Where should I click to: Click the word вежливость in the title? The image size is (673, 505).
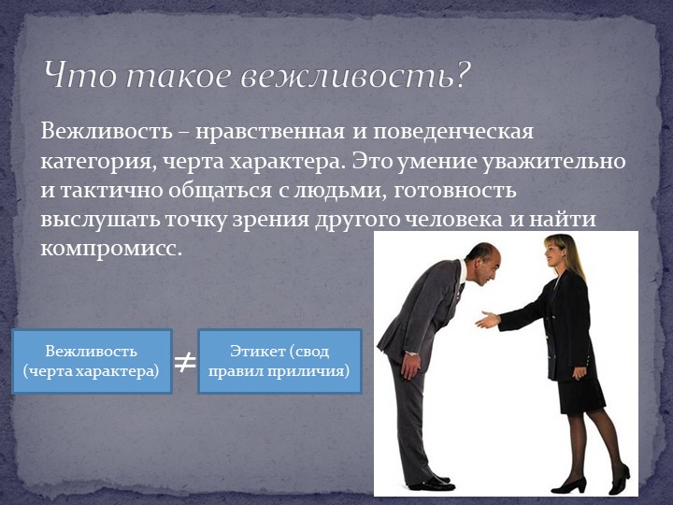tap(347, 75)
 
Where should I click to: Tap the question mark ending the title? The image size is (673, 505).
tap(463, 74)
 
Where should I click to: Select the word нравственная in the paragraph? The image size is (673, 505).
tap(270, 131)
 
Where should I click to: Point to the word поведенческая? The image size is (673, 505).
tap(453, 132)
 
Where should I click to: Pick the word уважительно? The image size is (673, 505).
tap(553, 162)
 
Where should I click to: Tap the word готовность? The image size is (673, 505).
tap(454, 190)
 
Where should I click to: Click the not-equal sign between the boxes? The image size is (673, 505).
tap(185, 363)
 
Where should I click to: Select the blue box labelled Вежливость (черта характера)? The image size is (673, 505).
tap(92, 361)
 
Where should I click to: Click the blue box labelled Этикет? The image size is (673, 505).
tap(279, 361)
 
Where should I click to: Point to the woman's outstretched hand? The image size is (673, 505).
tap(487, 320)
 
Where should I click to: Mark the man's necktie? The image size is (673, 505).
tap(460, 291)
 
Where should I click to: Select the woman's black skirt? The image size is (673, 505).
tap(580, 395)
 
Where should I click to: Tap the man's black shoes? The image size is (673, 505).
tap(431, 483)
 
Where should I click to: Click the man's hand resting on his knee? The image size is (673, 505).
tap(411, 364)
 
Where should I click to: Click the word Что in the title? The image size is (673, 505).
tap(79, 74)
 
